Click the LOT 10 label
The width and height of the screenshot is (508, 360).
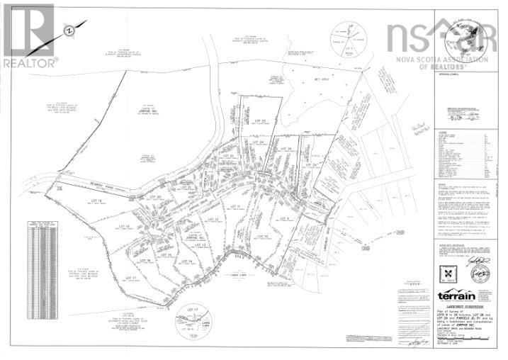pos(261,236)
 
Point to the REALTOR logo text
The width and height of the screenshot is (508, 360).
pos(29,62)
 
